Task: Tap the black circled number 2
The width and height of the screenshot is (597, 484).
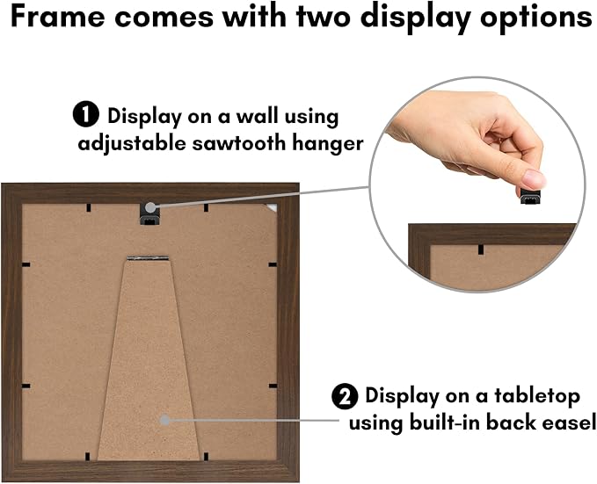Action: click(345, 396)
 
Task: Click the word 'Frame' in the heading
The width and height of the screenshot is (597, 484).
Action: click(58, 17)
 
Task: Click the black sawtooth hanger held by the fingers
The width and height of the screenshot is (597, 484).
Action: click(530, 196)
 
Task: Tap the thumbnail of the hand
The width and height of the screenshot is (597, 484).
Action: click(535, 179)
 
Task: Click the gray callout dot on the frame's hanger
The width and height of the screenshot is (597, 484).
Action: click(150, 207)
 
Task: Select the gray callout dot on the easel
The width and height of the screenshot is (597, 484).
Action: click(164, 420)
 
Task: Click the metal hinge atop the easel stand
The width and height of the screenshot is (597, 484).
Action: click(148, 258)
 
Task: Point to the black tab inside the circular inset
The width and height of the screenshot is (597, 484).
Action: click(481, 249)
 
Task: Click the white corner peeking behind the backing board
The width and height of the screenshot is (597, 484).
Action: click(273, 207)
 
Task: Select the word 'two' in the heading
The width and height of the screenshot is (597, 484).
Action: click(324, 17)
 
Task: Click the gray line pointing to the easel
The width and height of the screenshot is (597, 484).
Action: click(254, 421)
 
